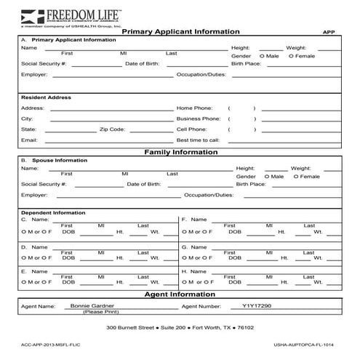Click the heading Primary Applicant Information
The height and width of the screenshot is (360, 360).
click(x=180, y=32)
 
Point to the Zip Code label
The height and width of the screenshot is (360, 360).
click(x=112, y=129)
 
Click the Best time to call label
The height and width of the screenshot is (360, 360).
click(x=198, y=140)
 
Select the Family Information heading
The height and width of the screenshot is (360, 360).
click(x=180, y=152)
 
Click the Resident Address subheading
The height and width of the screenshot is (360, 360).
click(x=47, y=97)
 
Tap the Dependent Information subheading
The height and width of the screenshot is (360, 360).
click(x=53, y=212)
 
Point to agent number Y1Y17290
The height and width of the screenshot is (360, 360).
click(x=256, y=306)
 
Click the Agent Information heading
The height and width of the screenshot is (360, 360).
click(x=180, y=295)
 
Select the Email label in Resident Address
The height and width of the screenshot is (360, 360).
click(x=29, y=140)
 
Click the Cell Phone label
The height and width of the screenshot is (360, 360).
click(x=191, y=129)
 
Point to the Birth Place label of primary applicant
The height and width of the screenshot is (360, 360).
click(x=246, y=64)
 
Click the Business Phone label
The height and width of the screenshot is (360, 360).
click(x=199, y=119)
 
